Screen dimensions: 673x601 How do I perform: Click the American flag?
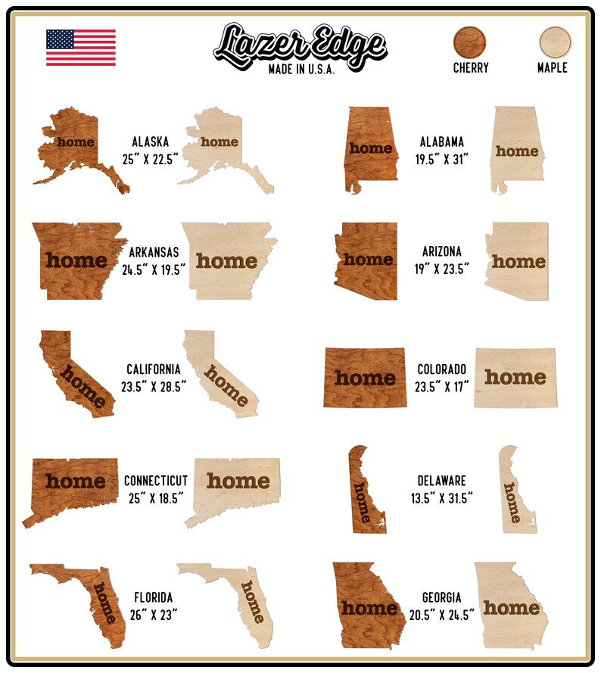[81, 48]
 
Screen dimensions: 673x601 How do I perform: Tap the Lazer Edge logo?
[300, 44]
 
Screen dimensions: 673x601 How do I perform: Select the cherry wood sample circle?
[470, 41]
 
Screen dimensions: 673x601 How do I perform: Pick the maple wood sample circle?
[554, 41]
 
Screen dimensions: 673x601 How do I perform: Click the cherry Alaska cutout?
[76, 148]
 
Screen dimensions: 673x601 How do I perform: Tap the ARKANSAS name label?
[154, 252]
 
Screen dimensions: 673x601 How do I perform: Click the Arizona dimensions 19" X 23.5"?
[442, 267]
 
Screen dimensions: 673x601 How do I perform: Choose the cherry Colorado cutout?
[365, 377]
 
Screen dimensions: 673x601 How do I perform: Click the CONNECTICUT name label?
[156, 481]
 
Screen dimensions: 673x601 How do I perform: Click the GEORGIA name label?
[442, 597]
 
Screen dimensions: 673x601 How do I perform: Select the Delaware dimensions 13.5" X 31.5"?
[442, 497]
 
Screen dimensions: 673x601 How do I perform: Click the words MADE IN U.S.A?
[301, 69]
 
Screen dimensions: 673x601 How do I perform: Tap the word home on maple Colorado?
[515, 376]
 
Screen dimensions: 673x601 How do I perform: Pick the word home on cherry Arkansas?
[76, 260]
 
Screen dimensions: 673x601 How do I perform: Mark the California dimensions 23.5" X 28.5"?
[154, 385]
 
